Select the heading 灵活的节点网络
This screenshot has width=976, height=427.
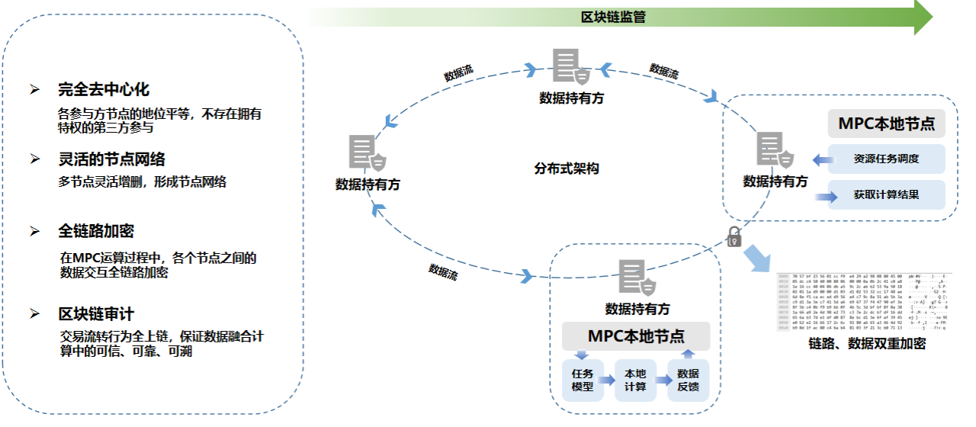point(111,159)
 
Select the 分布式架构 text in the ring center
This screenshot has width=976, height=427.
point(567,169)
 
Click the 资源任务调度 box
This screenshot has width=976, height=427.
point(886,159)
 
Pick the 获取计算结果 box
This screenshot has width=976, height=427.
point(886,194)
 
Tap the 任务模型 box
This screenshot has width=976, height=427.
point(583,380)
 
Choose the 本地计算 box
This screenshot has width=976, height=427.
point(635,380)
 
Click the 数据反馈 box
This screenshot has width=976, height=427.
point(688,380)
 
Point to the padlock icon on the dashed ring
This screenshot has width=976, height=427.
point(734,236)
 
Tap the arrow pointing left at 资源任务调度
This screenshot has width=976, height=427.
point(821,160)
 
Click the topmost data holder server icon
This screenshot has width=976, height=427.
point(571,68)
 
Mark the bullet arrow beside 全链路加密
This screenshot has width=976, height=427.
point(34,231)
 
